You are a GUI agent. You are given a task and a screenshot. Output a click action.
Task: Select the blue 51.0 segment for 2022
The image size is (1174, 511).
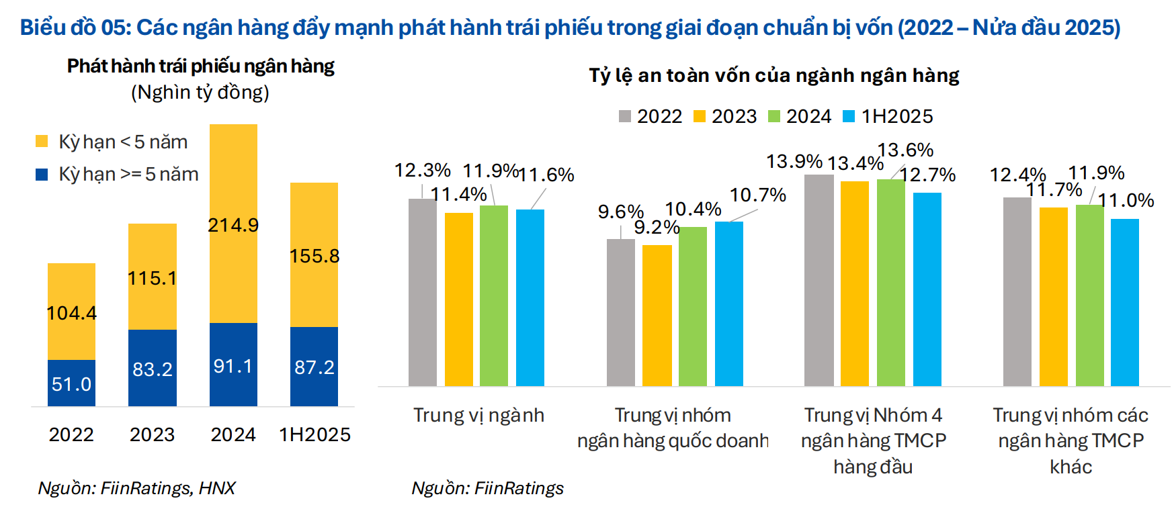[71, 383]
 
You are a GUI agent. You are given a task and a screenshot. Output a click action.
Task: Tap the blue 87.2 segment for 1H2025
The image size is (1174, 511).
[314, 367]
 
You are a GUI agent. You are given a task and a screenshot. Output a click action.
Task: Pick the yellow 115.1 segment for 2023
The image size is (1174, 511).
[153, 277]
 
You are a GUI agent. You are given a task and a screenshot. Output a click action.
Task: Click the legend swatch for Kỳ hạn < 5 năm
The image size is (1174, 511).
[42, 141]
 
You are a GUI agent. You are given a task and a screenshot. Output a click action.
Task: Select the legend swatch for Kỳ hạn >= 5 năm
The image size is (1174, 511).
[42, 174]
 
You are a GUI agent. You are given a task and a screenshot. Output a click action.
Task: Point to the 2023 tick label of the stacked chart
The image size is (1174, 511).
[152, 434]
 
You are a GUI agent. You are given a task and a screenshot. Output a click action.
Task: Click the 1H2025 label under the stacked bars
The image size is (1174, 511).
[315, 434]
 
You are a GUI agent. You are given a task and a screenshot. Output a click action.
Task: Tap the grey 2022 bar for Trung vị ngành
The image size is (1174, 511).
[422, 292]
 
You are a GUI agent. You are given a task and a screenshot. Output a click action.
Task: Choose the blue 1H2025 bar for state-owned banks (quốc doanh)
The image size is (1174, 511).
[728, 304]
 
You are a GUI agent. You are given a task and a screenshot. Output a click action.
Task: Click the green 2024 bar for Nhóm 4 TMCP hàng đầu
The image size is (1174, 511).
[890, 282]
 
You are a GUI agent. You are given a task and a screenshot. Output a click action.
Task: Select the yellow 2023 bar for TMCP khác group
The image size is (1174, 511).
[1053, 296]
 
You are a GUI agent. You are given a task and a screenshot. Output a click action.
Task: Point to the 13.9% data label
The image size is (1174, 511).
[794, 161]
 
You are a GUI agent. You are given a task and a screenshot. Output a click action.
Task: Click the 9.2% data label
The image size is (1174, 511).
[656, 227]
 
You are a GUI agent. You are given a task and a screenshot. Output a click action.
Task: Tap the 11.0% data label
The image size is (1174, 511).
[1126, 200]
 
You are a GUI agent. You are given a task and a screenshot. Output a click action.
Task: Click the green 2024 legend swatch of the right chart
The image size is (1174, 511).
[774, 116]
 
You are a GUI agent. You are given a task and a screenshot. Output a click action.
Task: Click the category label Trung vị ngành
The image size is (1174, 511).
[478, 415]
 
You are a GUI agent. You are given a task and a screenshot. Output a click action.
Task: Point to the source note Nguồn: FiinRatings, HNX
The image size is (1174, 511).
[136, 488]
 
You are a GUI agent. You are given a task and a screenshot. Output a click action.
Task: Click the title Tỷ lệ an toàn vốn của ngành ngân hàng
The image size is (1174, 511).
[773, 75]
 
